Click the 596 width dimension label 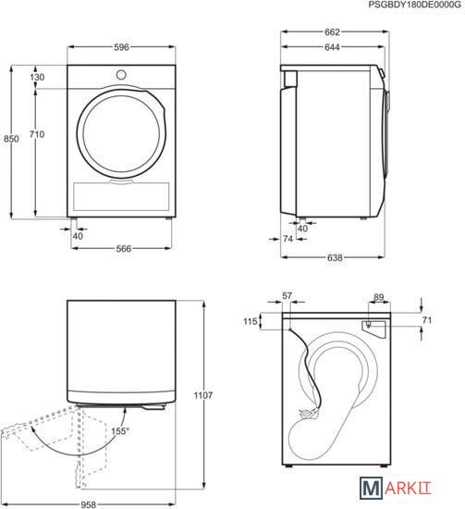[x=121, y=47]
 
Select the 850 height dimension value [x=11, y=139]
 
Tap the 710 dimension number [x=37, y=134]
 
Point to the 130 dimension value [x=37, y=77]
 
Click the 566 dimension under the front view [x=124, y=249]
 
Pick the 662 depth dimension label [x=332, y=31]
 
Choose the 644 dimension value [x=332, y=47]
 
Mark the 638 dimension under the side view [x=335, y=258]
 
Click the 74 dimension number [x=288, y=239]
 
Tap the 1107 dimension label [x=203, y=395]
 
